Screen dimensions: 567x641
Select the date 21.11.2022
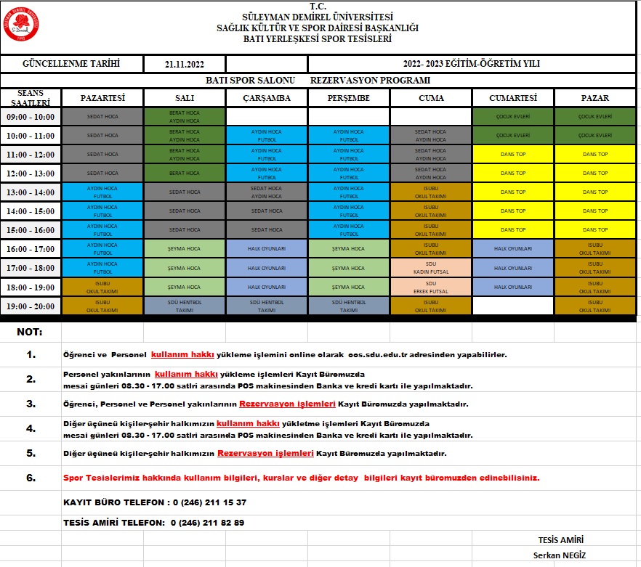[x=185, y=65]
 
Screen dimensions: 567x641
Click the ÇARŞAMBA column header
[x=267, y=98]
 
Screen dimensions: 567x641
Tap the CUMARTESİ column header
[x=512, y=98]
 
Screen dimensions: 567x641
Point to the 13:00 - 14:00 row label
[x=31, y=192]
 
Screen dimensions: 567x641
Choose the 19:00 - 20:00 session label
[x=31, y=306]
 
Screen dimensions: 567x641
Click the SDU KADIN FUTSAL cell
[x=430, y=268]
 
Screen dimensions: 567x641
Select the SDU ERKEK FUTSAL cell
[x=430, y=287]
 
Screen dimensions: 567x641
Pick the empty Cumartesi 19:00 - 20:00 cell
[x=512, y=306]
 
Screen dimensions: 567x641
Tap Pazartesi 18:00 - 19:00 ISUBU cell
[x=102, y=287]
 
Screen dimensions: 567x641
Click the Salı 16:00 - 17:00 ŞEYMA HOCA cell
[x=185, y=249]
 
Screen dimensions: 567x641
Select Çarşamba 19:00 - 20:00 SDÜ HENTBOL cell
[x=267, y=306]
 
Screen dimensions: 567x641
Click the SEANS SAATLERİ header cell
[x=31, y=98]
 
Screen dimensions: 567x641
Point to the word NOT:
[x=29, y=332]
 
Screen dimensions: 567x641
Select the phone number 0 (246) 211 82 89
[x=207, y=523]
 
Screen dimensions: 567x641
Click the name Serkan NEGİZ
[x=560, y=555]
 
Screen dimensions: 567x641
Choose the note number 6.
[x=31, y=478]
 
